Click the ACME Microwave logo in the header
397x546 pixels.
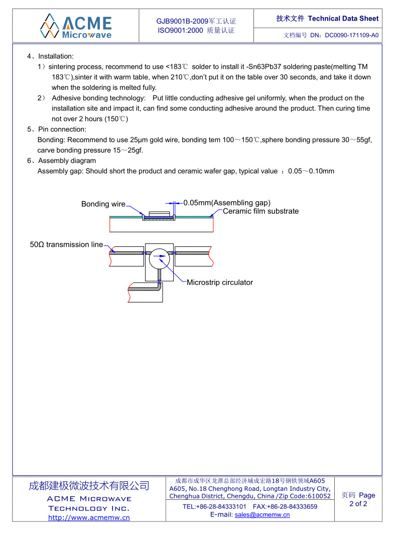pos(76,26)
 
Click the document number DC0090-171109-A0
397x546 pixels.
pos(352,36)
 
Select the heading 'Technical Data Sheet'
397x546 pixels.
pos(343,19)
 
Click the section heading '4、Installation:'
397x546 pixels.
pos(51,56)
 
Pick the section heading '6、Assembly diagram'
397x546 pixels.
pos(62,161)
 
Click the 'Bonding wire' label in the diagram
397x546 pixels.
pos(103,204)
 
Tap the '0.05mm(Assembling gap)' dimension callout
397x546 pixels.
pos(227,203)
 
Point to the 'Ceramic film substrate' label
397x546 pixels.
pos(260,211)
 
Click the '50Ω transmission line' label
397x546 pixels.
pos(66,245)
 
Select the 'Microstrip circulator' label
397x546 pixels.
pos(220,283)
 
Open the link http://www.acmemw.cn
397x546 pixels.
pos(89,517)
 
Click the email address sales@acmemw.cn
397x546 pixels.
pos(262,515)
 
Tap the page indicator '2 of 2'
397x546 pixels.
pos(358,504)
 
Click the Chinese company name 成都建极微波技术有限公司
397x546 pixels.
pos(89,486)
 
